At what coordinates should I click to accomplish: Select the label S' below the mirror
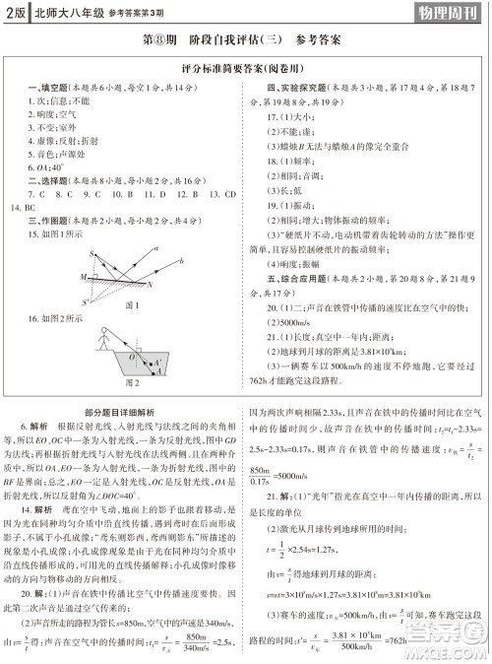click(85, 302)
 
